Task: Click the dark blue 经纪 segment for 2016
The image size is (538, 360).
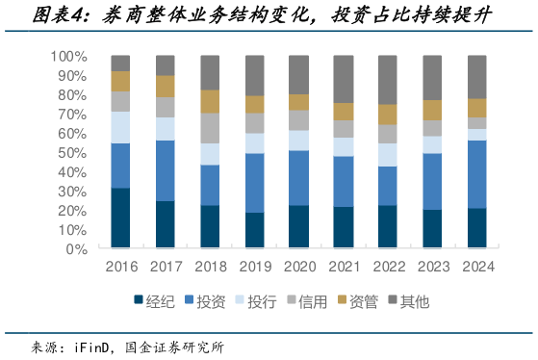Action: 120,219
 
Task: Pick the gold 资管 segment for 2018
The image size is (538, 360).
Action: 211,101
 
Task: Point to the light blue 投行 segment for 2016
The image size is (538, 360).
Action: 120,127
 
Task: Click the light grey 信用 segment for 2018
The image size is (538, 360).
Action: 211,128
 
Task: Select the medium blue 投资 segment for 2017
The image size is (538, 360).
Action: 166,170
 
